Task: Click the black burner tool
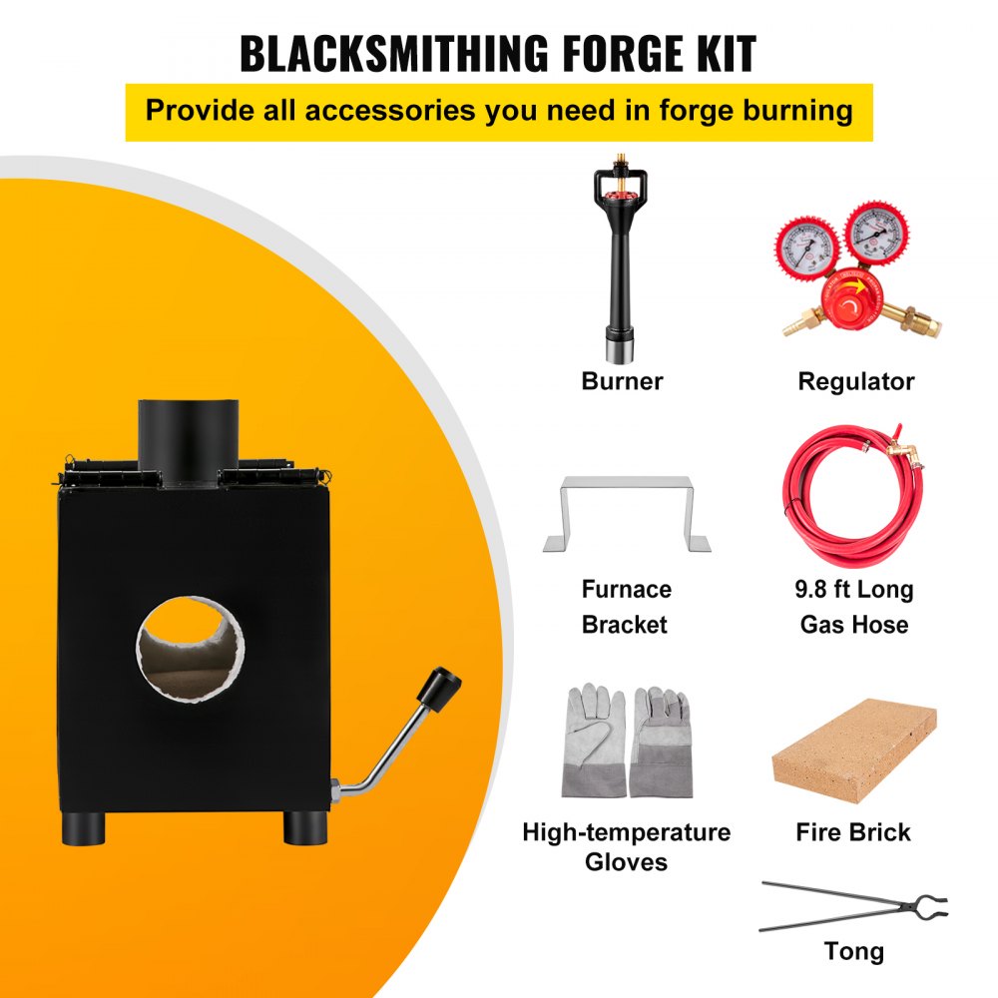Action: [621, 269]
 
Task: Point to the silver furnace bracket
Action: [626, 512]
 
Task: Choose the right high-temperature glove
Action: [663, 741]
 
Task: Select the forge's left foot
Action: [85, 826]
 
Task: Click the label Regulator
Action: [855, 381]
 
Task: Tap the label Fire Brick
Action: [853, 831]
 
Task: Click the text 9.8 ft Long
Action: [853, 589]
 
